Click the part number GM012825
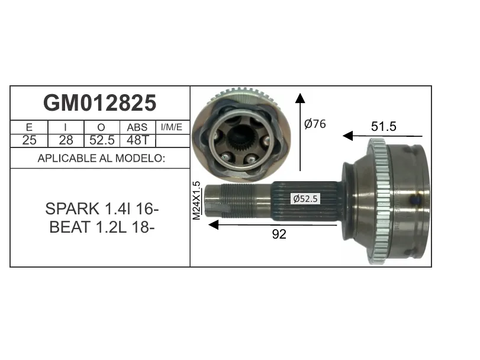click(100, 103)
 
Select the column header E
click(29, 127)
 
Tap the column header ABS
click(137, 127)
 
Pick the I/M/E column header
click(172, 127)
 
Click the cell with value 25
click(29, 140)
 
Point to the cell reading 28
click(66, 140)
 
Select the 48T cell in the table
click(137, 140)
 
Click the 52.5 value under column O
click(102, 140)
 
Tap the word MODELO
click(140, 158)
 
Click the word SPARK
click(72, 209)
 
